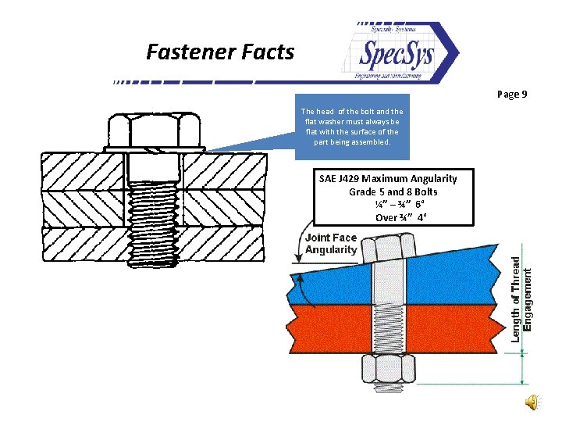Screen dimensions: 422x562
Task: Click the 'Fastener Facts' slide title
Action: (x=220, y=52)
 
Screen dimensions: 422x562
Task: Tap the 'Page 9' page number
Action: (x=512, y=95)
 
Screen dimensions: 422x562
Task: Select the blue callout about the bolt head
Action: (x=352, y=127)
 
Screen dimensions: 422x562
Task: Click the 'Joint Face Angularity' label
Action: (x=331, y=243)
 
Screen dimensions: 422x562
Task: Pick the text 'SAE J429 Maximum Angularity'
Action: (x=388, y=179)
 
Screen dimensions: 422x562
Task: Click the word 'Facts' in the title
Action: (x=268, y=52)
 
